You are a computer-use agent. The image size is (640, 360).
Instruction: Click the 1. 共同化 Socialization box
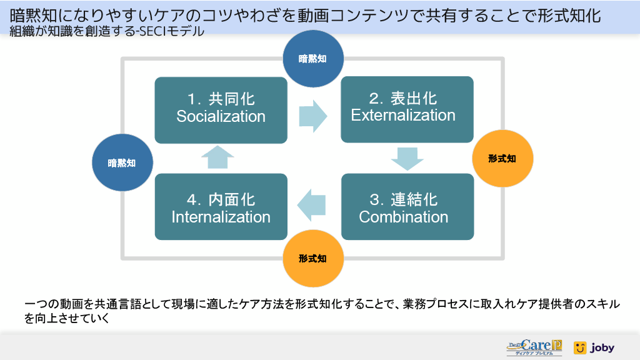(x=221, y=110)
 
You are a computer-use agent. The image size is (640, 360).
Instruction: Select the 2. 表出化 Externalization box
(x=406, y=109)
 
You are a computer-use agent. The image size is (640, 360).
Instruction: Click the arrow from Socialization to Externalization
(x=312, y=114)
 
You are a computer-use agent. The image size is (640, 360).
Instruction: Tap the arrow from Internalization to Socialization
(x=218, y=157)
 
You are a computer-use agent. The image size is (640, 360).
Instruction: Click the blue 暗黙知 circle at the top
(x=312, y=59)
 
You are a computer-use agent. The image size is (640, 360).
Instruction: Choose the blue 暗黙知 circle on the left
(x=122, y=162)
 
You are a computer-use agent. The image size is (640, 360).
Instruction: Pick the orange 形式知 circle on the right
(x=502, y=159)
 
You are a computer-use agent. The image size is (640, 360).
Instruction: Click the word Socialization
(x=221, y=116)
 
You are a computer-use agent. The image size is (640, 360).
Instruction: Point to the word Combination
(x=404, y=217)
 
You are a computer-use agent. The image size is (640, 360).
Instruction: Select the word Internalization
(x=221, y=217)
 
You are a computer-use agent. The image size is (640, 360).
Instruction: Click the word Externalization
(x=403, y=115)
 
